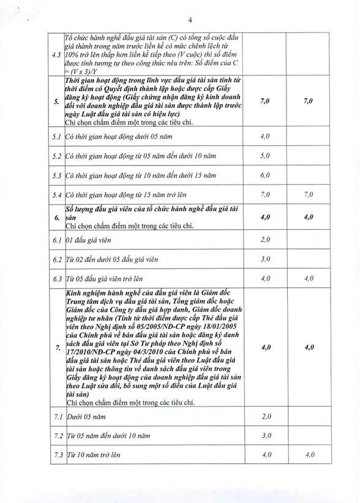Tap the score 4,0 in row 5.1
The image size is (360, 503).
pyautogui.click(x=265, y=136)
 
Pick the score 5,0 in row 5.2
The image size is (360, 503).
pyautogui.click(x=265, y=156)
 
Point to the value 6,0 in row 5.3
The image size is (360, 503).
pyautogui.click(x=265, y=175)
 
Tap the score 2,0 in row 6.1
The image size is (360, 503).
pyautogui.click(x=265, y=239)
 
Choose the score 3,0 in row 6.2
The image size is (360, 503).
pyautogui.click(x=265, y=259)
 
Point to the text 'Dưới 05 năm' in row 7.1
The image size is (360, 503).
pyautogui.click(x=84, y=417)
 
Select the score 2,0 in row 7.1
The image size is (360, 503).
pyautogui.click(x=265, y=417)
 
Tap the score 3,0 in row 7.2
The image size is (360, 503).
pyautogui.click(x=265, y=436)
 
